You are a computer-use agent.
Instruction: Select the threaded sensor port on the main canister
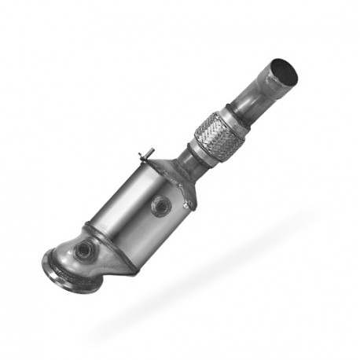pos(160,207)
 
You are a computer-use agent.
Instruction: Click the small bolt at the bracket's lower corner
pos(186,206)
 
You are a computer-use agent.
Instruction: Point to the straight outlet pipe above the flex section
pos(252,98)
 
